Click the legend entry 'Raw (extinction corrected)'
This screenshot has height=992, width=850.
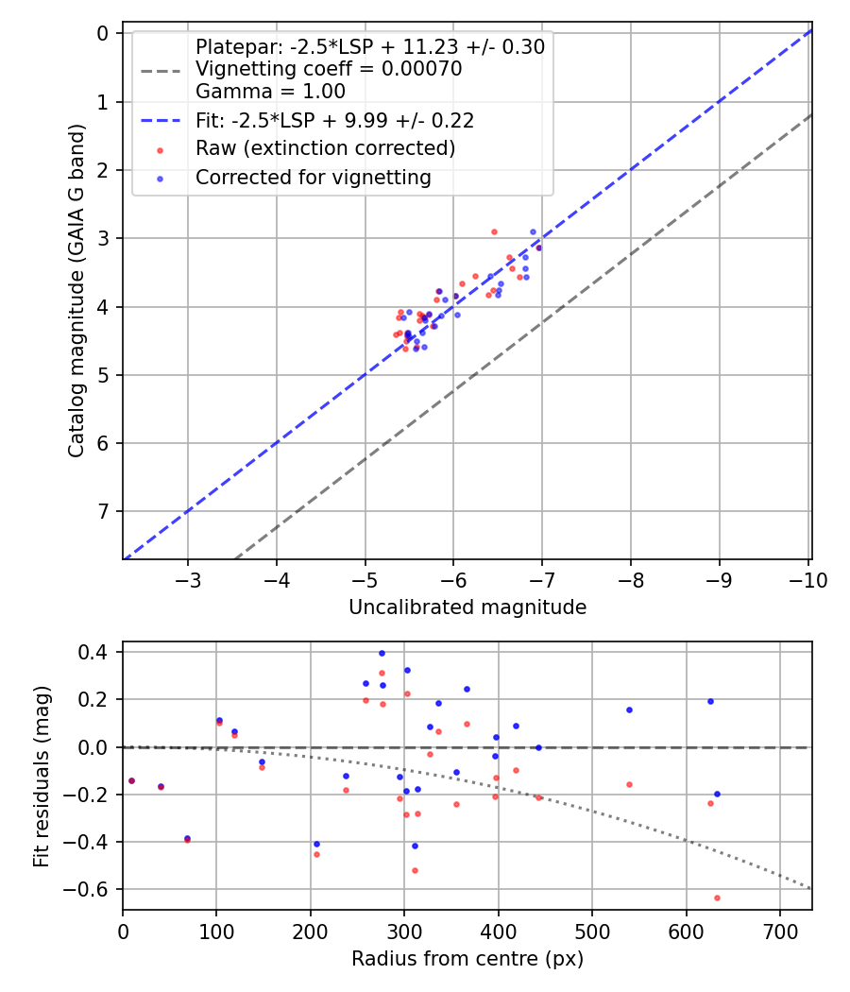(x=325, y=148)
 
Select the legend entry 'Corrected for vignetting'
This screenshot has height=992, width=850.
(x=313, y=177)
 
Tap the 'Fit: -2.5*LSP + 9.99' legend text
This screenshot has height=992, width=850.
(x=334, y=120)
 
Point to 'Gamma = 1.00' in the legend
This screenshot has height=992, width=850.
(x=270, y=92)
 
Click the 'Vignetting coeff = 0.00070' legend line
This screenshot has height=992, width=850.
(x=328, y=69)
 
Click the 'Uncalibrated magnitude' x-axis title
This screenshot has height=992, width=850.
(x=467, y=607)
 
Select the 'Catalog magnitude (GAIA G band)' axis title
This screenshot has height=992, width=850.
(x=77, y=295)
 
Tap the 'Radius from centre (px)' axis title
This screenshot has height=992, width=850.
(x=467, y=959)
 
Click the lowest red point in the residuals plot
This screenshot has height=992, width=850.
(x=717, y=898)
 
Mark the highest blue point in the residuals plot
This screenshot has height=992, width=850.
(x=382, y=653)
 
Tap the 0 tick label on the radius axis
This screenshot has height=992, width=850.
(x=123, y=932)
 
